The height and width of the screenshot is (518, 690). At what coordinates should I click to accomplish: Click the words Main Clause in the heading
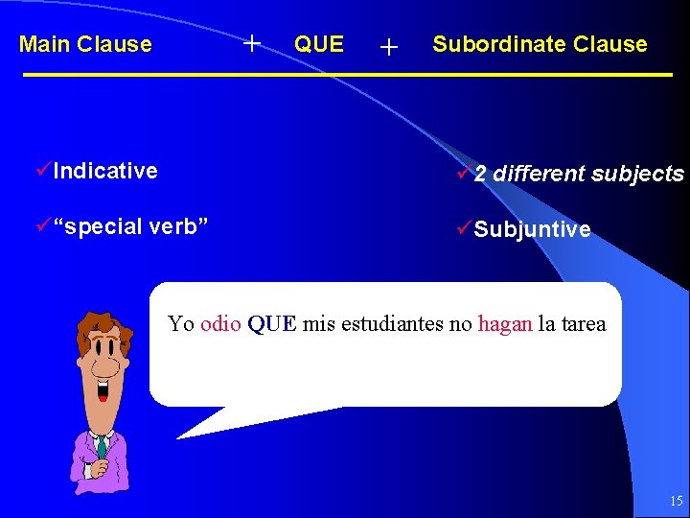point(85,44)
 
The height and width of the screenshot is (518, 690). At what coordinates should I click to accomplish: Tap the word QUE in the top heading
point(318,44)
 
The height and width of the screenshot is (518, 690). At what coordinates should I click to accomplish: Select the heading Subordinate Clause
point(540,44)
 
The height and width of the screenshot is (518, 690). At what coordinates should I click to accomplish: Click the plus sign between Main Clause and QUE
point(252,42)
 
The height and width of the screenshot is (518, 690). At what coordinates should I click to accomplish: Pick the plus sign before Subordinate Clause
point(388,46)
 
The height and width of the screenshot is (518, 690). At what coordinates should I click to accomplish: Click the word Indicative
point(105,171)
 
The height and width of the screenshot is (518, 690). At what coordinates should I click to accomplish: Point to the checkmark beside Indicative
point(43,171)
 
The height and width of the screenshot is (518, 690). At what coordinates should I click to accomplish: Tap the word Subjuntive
point(532,230)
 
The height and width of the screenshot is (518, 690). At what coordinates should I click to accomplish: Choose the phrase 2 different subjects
point(579,174)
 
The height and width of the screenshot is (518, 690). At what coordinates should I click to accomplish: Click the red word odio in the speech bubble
point(220,323)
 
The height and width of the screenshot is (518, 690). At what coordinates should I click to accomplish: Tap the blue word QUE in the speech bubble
point(272,323)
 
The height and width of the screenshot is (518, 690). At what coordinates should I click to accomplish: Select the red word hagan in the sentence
point(504,323)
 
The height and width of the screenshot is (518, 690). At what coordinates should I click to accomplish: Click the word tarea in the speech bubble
point(582,323)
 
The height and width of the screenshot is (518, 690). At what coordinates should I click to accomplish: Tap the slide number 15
point(676,501)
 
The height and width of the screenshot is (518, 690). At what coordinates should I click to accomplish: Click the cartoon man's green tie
point(102,446)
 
